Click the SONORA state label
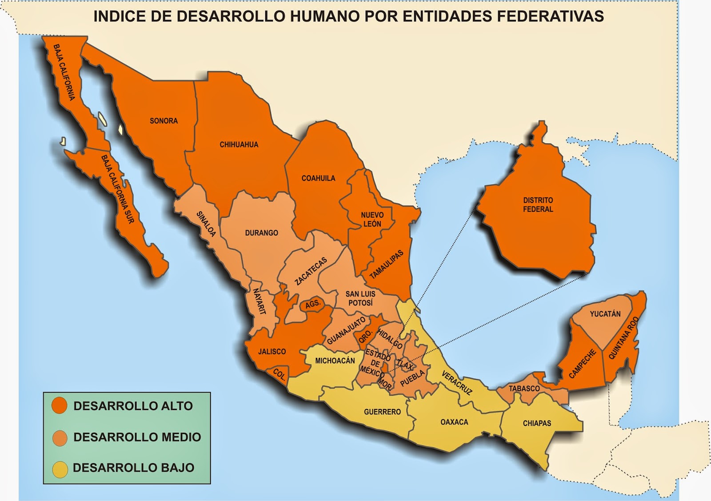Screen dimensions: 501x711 click(x=164, y=121)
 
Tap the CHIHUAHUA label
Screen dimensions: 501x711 click(x=239, y=144)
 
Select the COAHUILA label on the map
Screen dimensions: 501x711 click(x=318, y=178)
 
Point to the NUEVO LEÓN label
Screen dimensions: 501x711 click(x=372, y=219)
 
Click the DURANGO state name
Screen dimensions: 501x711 click(x=261, y=233)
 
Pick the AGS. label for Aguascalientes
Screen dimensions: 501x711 click(x=312, y=304)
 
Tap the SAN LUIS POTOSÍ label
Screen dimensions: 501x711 click(x=360, y=298)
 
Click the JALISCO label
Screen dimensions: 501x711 click(x=272, y=352)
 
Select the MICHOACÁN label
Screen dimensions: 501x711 click(x=335, y=361)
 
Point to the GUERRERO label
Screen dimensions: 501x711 click(x=382, y=412)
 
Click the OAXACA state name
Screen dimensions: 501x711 click(x=454, y=422)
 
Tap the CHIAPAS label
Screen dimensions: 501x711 click(x=537, y=423)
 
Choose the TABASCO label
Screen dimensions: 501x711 click(x=524, y=389)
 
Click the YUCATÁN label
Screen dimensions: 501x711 click(x=605, y=314)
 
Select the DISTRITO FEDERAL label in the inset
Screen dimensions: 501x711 click(x=538, y=204)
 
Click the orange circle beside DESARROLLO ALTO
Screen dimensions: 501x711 click(x=59, y=405)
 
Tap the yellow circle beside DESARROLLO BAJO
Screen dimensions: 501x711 click(x=60, y=469)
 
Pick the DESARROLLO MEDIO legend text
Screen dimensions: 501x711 click(x=137, y=437)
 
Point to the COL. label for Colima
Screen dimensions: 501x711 click(x=279, y=374)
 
